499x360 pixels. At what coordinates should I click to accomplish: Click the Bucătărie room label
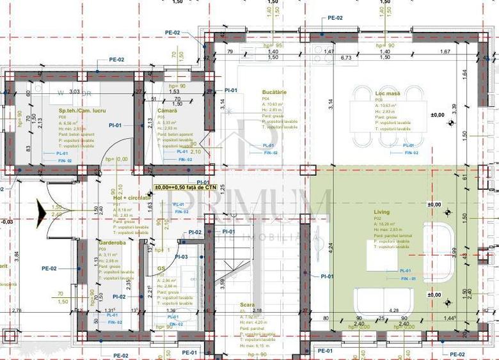(274, 92)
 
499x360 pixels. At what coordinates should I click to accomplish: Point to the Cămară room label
(167, 111)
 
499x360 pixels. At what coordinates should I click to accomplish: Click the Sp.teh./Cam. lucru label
(73, 111)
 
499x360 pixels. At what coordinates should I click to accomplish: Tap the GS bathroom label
(161, 269)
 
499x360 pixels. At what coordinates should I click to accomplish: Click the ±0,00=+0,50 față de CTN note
(186, 187)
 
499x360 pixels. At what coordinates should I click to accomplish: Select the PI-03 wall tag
(181, 256)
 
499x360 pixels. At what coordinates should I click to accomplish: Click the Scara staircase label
(248, 305)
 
